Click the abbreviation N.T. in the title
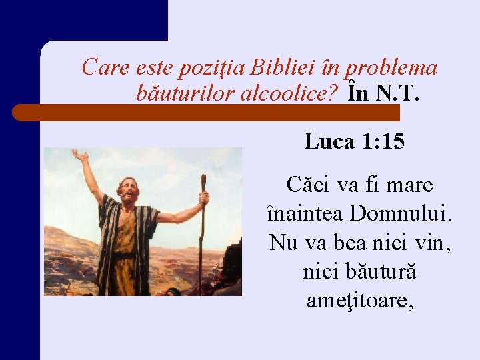(398, 94)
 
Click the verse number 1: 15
(383, 141)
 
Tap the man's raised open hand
(81, 157)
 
